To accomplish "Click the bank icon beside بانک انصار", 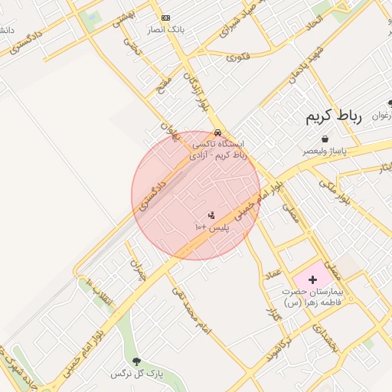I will pyautogui.click(x=165, y=18).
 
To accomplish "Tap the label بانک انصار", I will pyautogui.click(x=165, y=30).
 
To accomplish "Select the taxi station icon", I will pyautogui.click(x=218, y=132).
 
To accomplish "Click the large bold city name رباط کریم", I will pyautogui.click(x=333, y=116).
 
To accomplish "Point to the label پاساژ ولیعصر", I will pyautogui.click(x=324, y=151).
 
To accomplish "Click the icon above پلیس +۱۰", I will pyautogui.click(x=211, y=215).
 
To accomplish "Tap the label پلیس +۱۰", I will pyautogui.click(x=211, y=227).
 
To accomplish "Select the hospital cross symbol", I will pyautogui.click(x=312, y=280).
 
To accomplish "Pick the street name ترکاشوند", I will pyautogui.click(x=283, y=348).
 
